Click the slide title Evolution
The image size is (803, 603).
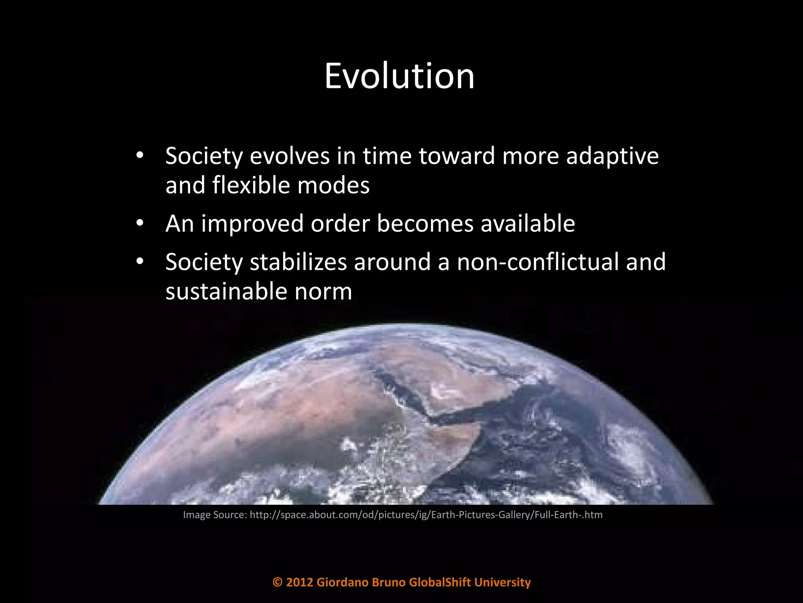coord(400,76)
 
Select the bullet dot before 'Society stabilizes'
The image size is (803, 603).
coord(140,262)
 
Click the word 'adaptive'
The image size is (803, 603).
coord(612,156)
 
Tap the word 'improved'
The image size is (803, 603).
coord(253,224)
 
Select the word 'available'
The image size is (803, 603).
coord(528,224)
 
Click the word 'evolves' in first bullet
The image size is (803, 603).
coord(290,156)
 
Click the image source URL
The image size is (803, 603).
coord(426,515)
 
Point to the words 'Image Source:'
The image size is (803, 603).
coord(215,515)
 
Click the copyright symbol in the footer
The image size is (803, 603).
coord(277,582)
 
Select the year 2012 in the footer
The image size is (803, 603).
coord(300,582)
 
